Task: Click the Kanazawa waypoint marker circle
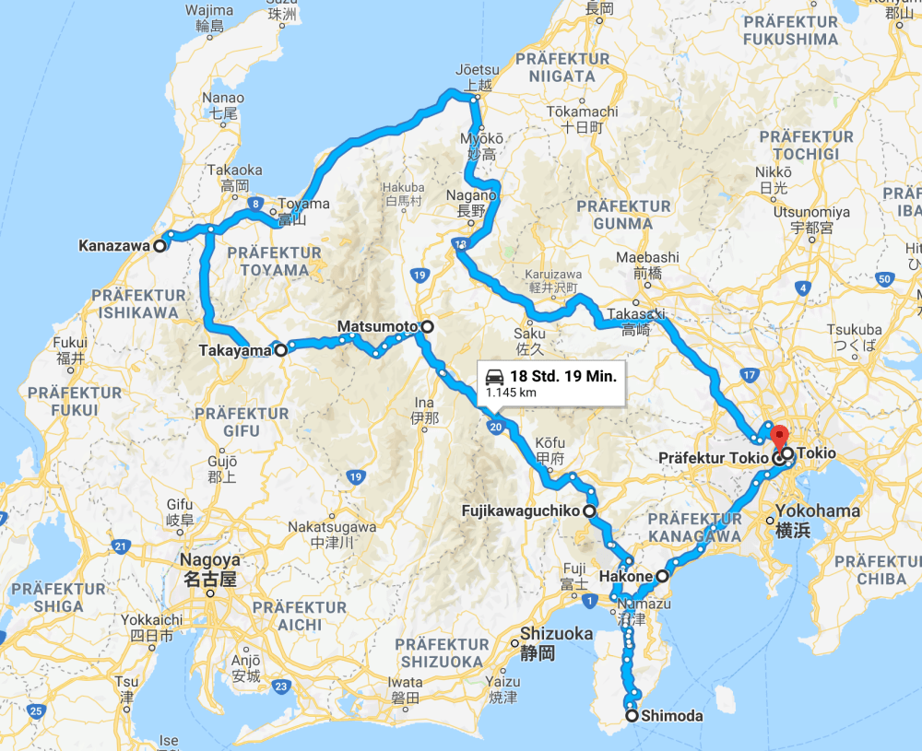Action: pos(160,246)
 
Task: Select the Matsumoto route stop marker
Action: pos(427,327)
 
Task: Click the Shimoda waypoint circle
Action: pos(632,716)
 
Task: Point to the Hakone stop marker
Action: pos(662,577)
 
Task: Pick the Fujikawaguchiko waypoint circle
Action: pos(588,510)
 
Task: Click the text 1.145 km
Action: pos(511,393)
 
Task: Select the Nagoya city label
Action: pos(210,560)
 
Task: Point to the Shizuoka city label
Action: pos(555,634)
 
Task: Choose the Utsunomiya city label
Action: pos(803,211)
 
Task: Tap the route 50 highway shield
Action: pos(883,278)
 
